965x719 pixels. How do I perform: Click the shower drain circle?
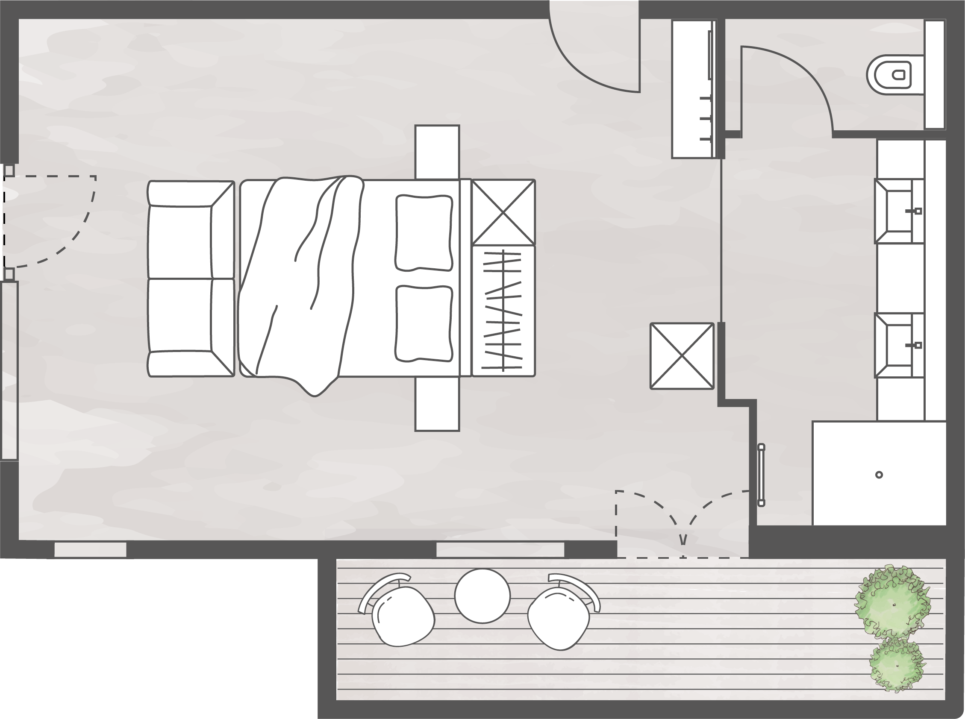[x=879, y=475]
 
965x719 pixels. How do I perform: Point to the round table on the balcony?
[x=482, y=596]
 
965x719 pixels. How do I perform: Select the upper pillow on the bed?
[x=424, y=232]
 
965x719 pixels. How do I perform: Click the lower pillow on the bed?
[x=424, y=323]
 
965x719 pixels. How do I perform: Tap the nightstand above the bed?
[x=437, y=152]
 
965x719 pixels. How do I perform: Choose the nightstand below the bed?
[x=437, y=404]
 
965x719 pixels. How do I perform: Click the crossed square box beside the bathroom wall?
[x=682, y=355]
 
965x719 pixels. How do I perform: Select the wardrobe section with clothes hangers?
[x=503, y=310]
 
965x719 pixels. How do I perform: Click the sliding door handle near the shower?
[x=761, y=475]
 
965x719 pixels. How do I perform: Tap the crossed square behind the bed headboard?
[x=503, y=212]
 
